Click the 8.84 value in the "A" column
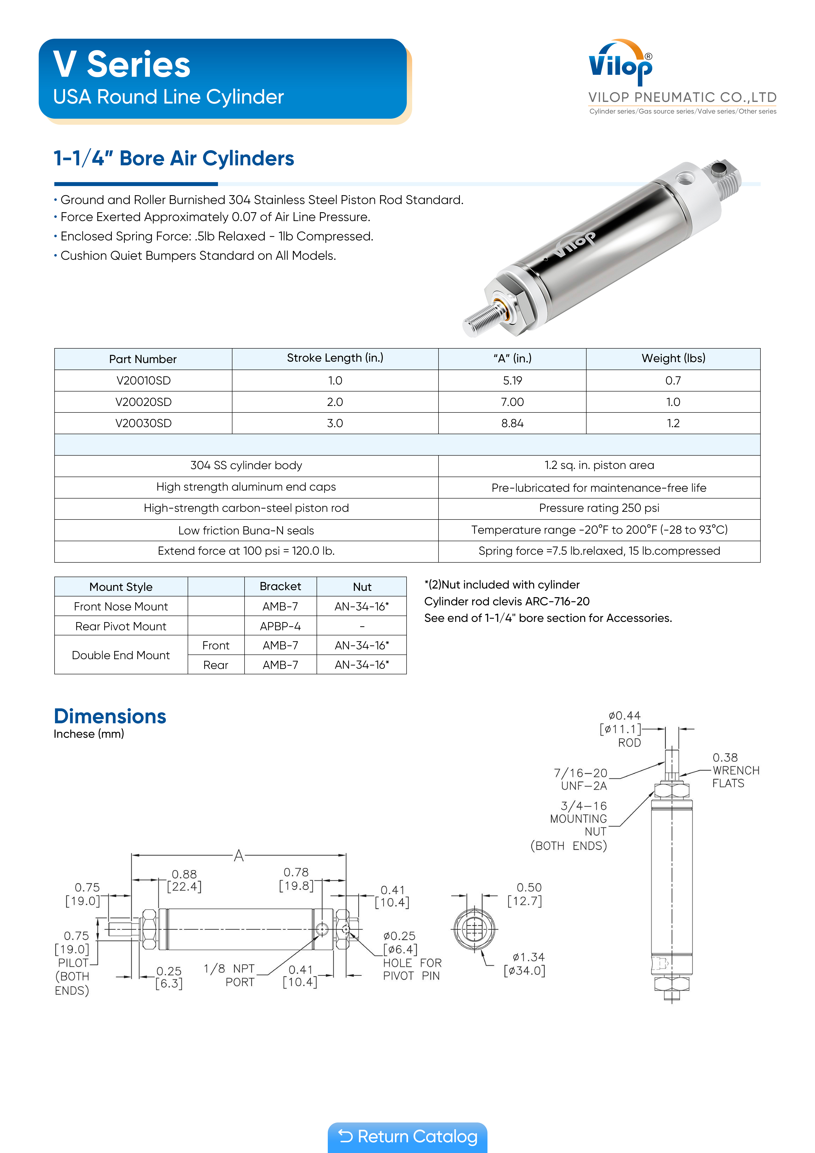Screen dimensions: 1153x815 point(512,423)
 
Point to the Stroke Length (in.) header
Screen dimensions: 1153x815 point(335,358)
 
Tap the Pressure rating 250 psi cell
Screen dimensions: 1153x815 point(599,508)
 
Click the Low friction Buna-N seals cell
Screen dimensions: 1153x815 point(246,530)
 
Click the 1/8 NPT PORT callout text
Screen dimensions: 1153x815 point(230,975)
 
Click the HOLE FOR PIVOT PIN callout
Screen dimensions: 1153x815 point(412,969)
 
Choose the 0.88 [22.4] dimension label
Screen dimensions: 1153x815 point(184,880)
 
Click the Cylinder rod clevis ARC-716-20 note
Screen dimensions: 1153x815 point(507,601)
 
